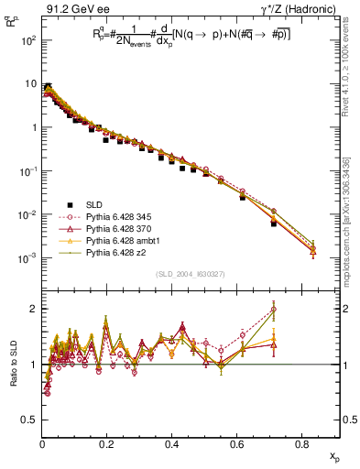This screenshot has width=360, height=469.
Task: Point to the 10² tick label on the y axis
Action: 27,41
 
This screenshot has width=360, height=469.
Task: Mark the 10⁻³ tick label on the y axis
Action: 27,257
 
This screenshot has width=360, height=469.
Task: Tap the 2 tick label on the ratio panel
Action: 32,309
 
